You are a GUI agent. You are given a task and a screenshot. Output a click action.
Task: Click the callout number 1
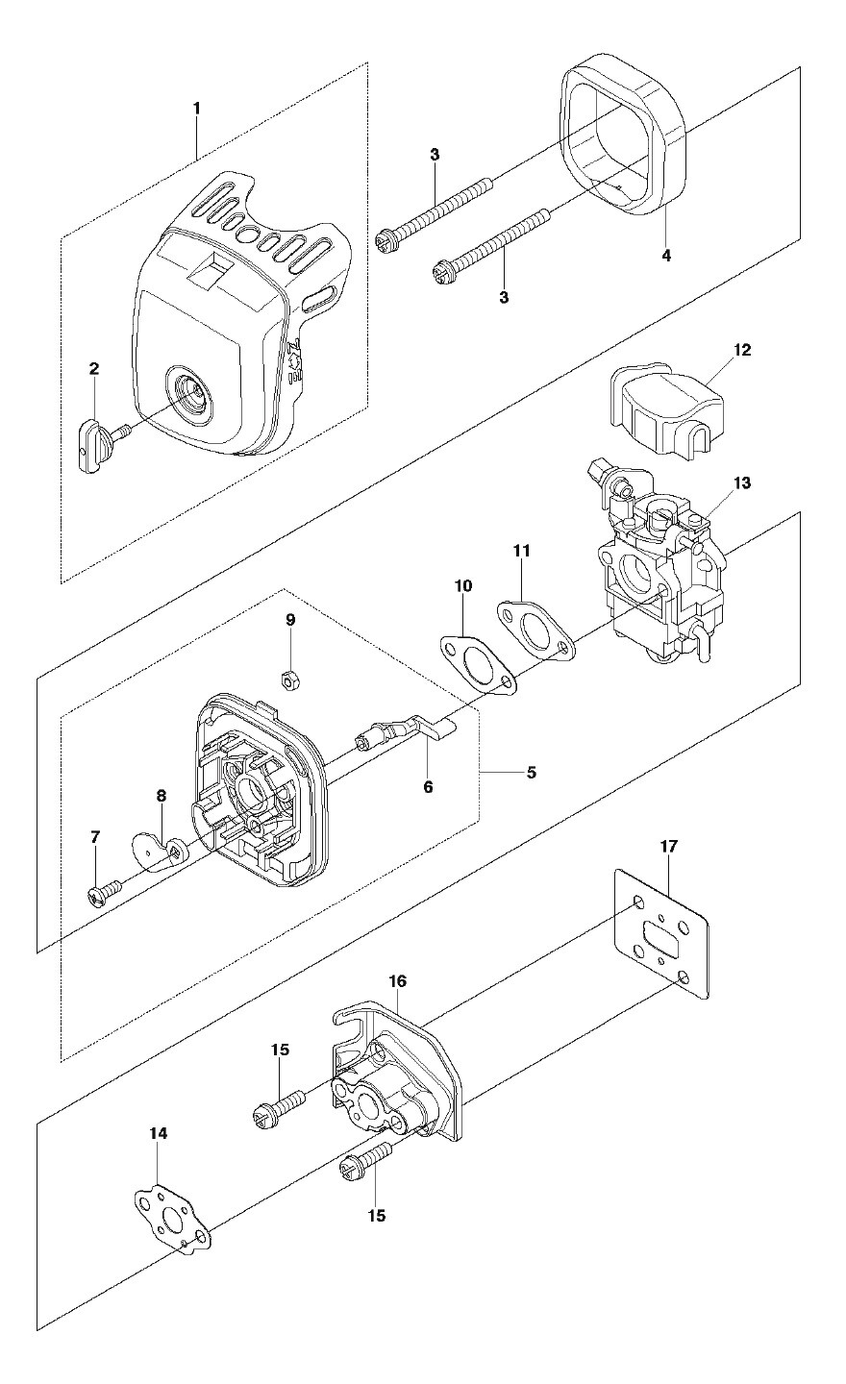(x=196, y=109)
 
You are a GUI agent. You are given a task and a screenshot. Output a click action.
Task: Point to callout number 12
(x=742, y=350)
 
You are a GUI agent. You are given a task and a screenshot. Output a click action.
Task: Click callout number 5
(x=532, y=773)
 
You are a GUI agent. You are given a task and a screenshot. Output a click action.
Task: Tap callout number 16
(x=398, y=980)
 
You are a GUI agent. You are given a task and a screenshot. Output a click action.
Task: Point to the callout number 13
(x=742, y=482)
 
